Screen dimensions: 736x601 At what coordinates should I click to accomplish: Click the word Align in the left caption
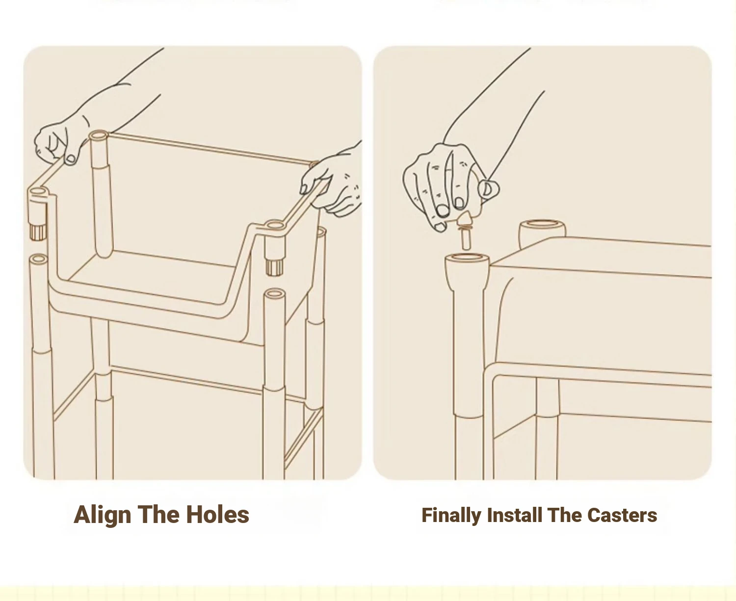tap(102, 515)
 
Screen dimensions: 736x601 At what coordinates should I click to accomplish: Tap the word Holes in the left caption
tap(218, 515)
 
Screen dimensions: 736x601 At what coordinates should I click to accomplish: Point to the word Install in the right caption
tap(514, 515)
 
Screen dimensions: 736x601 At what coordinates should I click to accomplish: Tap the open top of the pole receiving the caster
tap(467, 259)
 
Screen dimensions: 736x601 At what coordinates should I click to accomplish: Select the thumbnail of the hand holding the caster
tap(488, 188)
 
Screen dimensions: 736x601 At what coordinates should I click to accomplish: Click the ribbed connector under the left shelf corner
tap(38, 232)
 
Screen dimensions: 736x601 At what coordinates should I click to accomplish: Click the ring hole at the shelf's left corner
tap(39, 192)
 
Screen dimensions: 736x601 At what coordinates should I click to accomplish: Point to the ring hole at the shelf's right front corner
tap(275, 225)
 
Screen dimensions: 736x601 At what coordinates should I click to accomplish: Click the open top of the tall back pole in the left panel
tap(99, 135)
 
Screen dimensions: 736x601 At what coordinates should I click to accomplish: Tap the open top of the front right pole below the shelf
tap(274, 293)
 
